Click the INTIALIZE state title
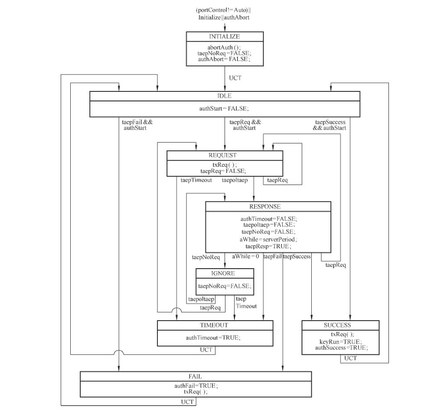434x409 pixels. click(225, 36)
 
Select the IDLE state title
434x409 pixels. click(225, 96)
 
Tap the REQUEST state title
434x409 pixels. click(222, 155)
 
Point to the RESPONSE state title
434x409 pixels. click(265, 207)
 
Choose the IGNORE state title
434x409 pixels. click(223, 273)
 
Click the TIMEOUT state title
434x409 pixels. click(214, 325)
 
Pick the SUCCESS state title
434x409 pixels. click(337, 325)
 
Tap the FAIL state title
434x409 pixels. click(195, 377)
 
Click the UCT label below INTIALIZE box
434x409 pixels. click(235, 78)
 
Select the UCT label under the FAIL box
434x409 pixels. click(187, 402)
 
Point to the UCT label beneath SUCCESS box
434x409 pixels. click(350, 358)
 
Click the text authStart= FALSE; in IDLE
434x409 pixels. click(224, 108)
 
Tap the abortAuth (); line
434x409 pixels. click(224, 48)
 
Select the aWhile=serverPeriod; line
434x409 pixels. click(268, 240)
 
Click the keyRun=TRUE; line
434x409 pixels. click(340, 342)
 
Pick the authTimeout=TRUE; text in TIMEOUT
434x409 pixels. click(213, 338)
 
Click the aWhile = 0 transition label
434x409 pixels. click(245, 256)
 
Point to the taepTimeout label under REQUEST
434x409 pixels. click(196, 180)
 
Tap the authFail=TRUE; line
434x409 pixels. click(196, 386)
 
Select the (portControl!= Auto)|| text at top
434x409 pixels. click(224, 10)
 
